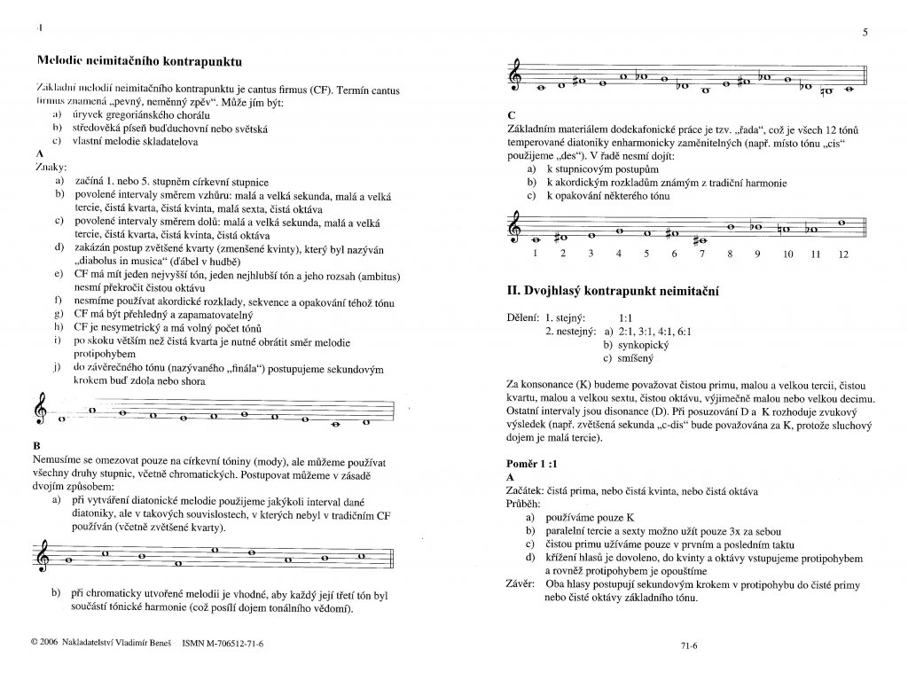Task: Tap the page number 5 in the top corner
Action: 864,33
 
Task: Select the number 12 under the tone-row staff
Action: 841,254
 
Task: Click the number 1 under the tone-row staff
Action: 535,254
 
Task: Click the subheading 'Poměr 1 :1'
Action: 530,464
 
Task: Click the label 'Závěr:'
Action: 522,584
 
